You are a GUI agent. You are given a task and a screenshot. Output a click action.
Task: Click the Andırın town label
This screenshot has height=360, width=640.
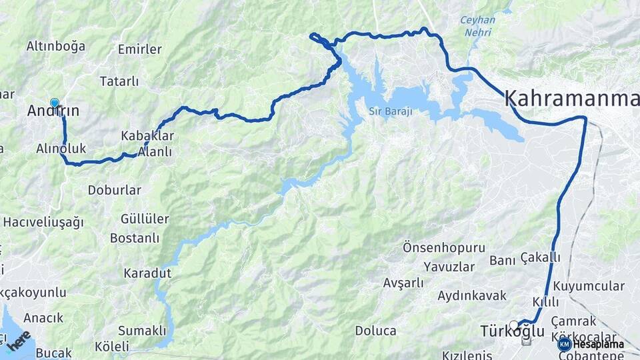point(53,112)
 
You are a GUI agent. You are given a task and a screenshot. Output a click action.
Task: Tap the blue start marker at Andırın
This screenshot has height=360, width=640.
point(55,103)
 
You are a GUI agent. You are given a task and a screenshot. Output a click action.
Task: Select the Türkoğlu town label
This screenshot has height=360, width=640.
point(512,332)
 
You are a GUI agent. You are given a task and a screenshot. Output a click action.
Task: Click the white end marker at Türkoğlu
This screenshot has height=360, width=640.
point(513,325)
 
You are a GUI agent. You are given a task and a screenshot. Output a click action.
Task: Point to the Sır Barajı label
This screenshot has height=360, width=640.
point(390,111)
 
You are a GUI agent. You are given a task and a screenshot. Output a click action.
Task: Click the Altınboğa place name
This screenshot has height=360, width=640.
point(56,46)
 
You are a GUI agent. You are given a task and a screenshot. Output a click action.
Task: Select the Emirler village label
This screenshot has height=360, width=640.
point(139,49)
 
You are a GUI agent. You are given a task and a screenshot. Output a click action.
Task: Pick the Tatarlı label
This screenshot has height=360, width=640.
point(119,81)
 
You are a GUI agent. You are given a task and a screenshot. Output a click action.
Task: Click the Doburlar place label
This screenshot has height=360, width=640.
point(114,190)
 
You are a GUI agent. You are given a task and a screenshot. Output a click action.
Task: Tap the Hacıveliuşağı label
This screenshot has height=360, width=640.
point(43,222)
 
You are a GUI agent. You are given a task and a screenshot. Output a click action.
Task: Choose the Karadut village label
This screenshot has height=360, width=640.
point(147,273)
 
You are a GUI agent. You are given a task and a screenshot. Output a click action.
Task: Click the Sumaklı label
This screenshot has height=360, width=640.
point(141,330)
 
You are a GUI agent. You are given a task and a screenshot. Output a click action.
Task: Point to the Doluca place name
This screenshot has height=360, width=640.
point(375,331)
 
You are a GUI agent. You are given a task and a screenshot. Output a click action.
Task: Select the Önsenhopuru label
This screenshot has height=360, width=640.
point(443,247)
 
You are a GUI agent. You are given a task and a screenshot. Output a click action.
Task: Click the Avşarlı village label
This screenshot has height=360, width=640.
point(403,283)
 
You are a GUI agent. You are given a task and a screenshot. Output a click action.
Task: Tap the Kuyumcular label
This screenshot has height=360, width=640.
point(589,287)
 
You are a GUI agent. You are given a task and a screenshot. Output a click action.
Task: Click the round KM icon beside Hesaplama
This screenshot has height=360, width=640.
point(564,344)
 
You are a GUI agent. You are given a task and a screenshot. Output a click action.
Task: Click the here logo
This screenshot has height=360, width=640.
point(19,339)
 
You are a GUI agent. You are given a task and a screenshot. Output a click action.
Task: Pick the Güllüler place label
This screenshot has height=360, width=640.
point(145,219)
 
